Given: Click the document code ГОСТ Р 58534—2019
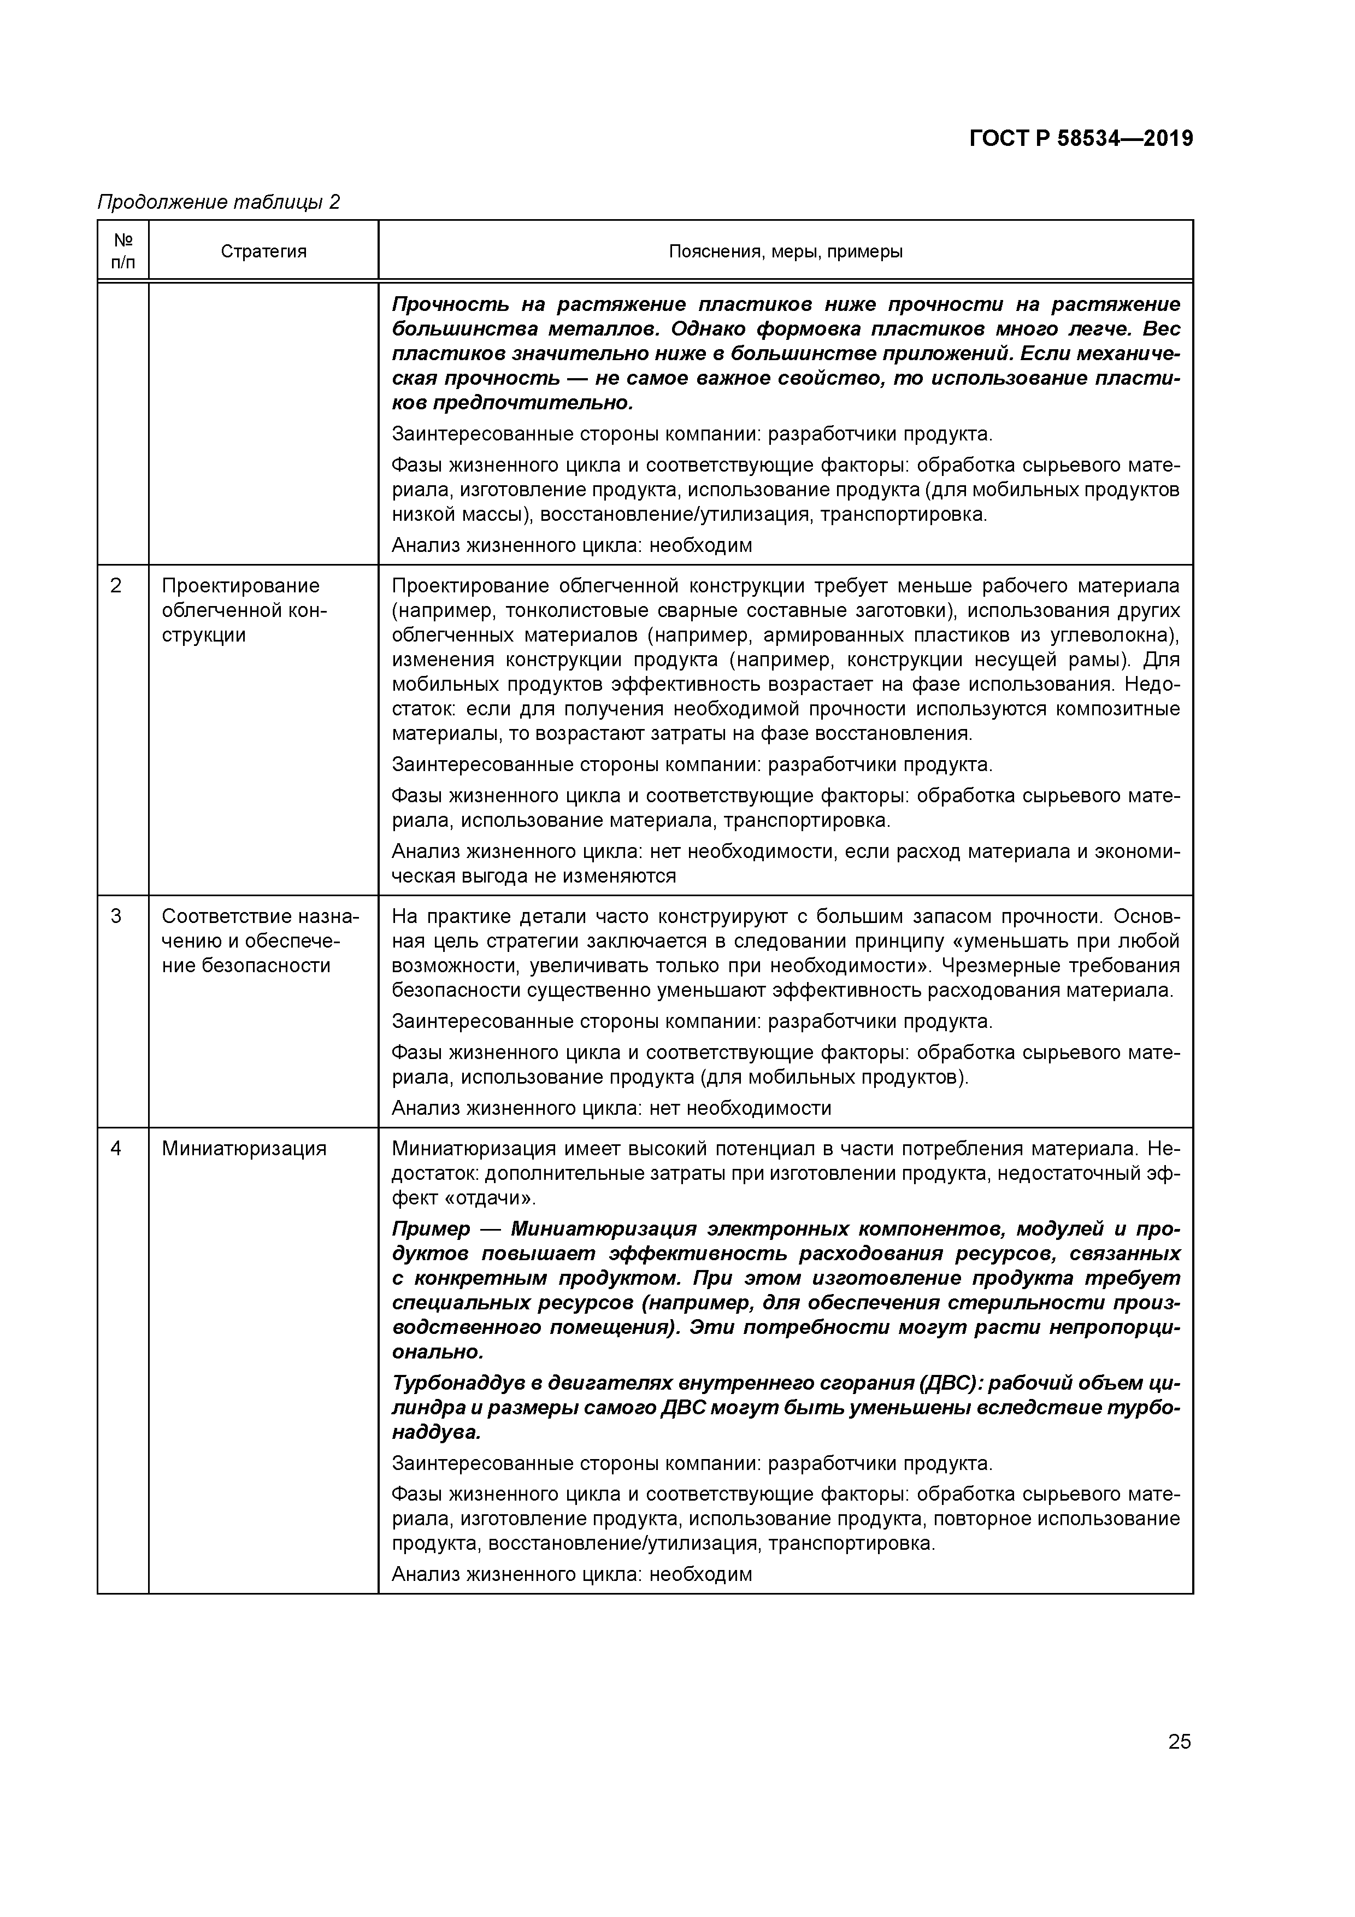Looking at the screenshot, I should (x=1081, y=139).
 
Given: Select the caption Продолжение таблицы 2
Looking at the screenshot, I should (x=219, y=202).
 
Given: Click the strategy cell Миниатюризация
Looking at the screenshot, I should (x=244, y=1149).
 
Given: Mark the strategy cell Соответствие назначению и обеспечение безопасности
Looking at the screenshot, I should (x=259, y=941).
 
